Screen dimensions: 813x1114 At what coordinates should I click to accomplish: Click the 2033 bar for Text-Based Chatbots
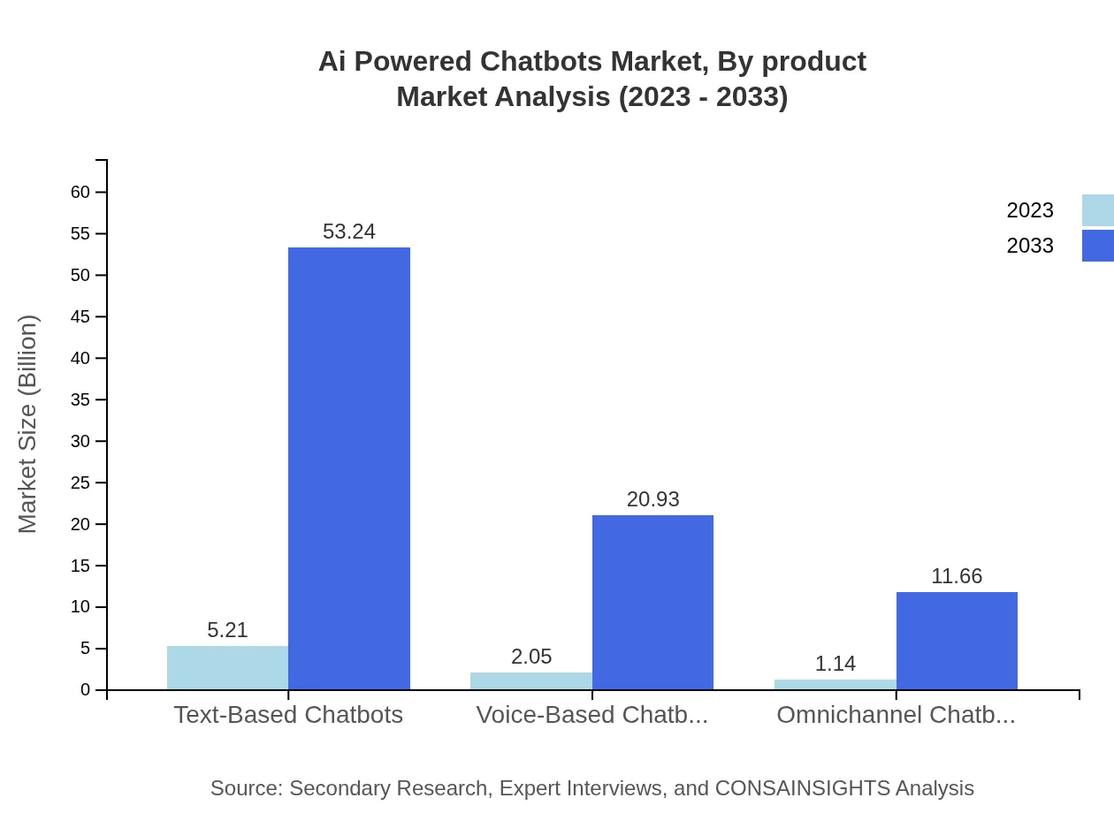coord(349,468)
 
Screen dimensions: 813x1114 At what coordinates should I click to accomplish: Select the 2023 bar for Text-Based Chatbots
coord(227,668)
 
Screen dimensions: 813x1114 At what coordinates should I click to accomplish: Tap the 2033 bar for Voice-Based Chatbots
coord(652,603)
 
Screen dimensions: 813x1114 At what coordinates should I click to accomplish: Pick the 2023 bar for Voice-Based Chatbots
coord(530,681)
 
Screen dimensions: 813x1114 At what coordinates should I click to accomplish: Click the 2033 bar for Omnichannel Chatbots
coord(957,641)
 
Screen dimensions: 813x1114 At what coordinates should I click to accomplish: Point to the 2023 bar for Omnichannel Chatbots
coord(835,685)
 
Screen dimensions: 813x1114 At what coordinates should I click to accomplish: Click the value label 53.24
coord(349,232)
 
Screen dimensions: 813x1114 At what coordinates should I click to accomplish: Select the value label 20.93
coord(652,499)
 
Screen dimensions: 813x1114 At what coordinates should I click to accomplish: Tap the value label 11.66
coord(957,576)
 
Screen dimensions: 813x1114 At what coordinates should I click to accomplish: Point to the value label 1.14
coord(835,664)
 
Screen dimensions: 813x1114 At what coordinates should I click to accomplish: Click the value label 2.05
coord(531,657)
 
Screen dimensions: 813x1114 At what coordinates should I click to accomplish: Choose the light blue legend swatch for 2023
coord(1097,210)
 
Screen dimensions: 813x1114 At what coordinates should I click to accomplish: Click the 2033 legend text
coord(1030,246)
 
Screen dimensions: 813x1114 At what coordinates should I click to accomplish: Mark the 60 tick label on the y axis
coord(80,192)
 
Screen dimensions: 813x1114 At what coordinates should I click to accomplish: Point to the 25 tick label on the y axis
coord(80,482)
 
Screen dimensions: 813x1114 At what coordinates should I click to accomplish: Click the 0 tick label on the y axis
coord(86,690)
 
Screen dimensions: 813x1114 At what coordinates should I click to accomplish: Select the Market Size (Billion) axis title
coord(27,424)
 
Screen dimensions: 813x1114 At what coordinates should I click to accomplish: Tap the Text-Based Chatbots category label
coord(288,715)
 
